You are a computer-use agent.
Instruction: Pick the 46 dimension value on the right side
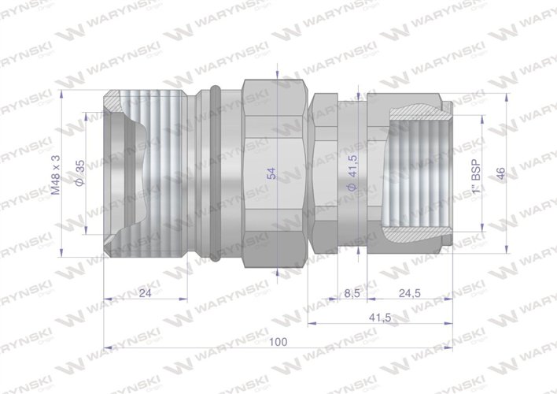click(x=500, y=173)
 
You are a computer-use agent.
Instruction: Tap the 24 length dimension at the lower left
click(x=144, y=293)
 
